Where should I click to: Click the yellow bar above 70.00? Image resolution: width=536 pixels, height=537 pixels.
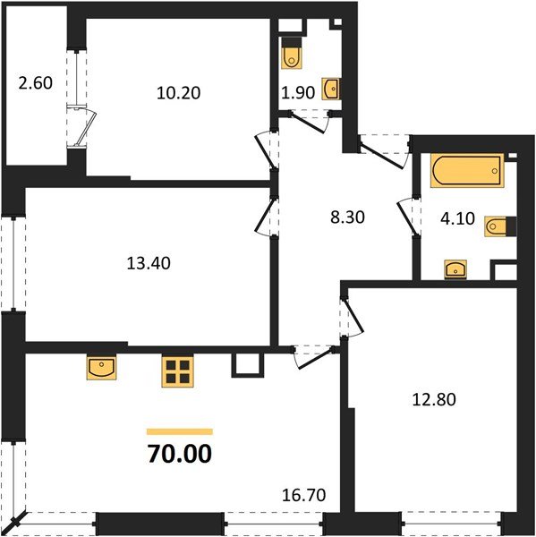(x=180, y=431)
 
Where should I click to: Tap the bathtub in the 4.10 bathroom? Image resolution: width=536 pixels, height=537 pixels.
(x=466, y=170)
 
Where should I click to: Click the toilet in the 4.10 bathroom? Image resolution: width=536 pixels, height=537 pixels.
(x=497, y=226)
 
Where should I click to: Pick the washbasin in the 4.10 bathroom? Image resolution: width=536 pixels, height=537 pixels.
(x=456, y=268)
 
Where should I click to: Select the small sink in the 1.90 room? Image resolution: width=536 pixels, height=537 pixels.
(x=330, y=88)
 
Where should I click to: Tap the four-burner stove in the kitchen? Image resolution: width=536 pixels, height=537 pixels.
(x=178, y=371)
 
